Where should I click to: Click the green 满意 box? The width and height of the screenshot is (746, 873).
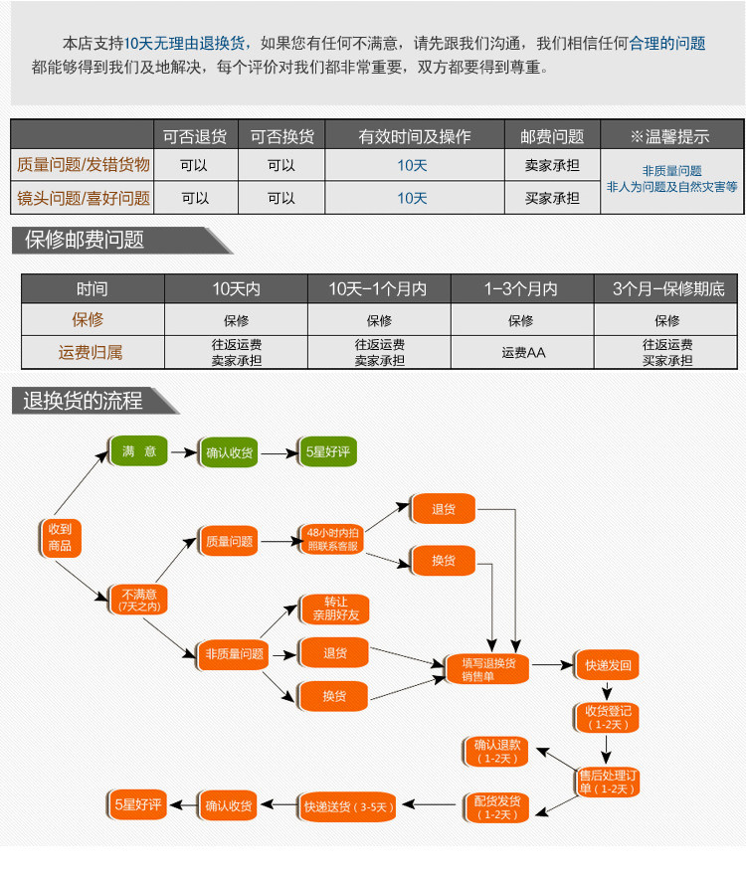point(138,451)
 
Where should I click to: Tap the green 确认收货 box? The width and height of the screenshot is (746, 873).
point(229,452)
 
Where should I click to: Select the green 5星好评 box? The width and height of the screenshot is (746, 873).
point(327,452)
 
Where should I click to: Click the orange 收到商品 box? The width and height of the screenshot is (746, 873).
point(59,537)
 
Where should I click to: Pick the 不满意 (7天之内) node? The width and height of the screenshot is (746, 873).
point(138,599)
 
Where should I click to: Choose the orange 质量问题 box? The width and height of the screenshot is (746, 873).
point(229,541)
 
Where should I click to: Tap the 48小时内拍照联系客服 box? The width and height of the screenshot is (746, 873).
point(333,539)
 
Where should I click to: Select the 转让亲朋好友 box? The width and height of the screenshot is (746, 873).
point(335,609)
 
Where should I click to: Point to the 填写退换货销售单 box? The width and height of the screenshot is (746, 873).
point(487,669)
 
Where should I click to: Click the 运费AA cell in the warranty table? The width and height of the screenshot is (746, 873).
point(522,352)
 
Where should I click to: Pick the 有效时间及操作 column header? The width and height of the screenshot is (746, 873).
point(414,136)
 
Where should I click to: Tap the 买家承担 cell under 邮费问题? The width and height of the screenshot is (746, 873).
point(552,198)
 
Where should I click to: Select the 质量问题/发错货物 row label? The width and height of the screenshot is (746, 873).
point(84,166)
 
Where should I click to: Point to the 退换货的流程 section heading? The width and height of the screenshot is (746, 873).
point(84,401)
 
